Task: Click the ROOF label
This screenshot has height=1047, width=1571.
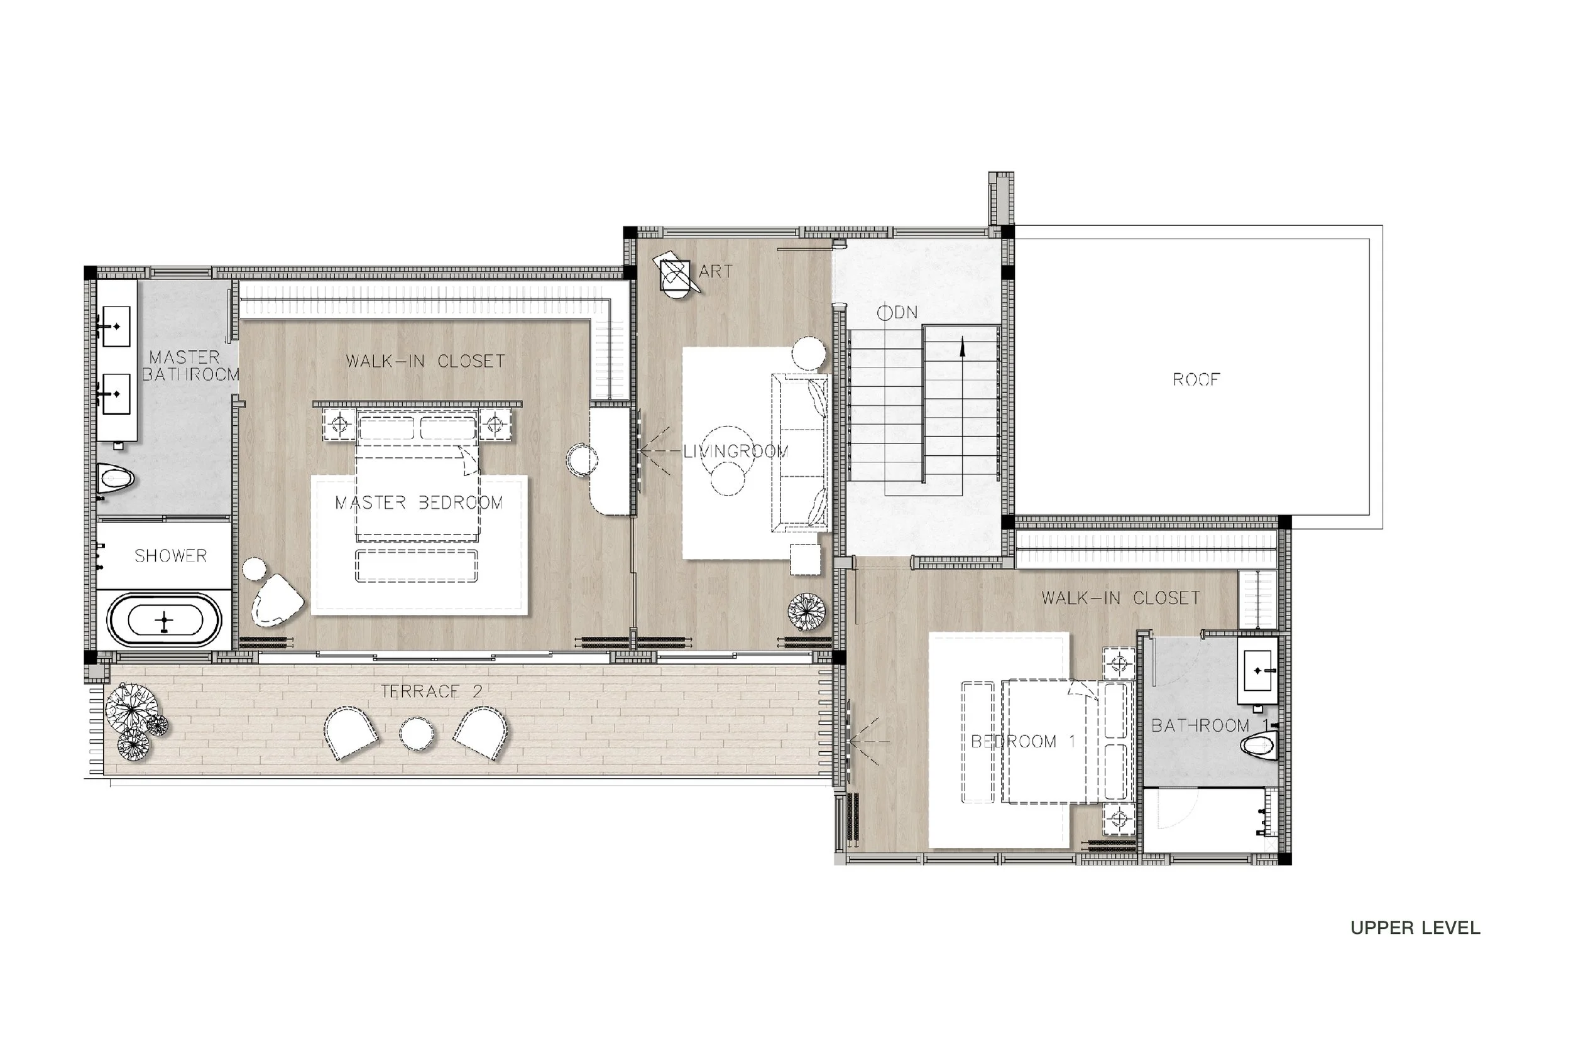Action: [x=1195, y=380]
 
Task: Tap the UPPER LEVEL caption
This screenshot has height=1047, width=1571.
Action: [x=1415, y=928]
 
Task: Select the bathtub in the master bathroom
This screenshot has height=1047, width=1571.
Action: [x=164, y=621]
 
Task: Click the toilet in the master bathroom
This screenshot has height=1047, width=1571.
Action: [x=115, y=478]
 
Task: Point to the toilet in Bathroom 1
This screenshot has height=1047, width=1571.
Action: [x=1260, y=744]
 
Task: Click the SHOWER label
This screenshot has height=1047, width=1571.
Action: [x=170, y=556]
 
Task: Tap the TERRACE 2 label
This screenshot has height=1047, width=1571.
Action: [x=431, y=691]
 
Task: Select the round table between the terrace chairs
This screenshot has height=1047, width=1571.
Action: [x=416, y=733]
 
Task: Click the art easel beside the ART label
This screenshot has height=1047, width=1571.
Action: [x=676, y=274]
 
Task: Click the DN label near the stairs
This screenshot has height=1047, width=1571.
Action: [x=898, y=313]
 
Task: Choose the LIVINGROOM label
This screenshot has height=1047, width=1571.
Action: [x=735, y=452]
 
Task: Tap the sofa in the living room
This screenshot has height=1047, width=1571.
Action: [x=799, y=453]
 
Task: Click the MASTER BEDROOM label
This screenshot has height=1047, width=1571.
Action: [x=419, y=503]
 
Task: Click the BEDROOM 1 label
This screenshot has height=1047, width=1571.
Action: [x=1022, y=741]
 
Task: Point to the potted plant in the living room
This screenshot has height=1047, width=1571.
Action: [x=806, y=611]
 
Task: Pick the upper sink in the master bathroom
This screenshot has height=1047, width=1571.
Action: [x=116, y=327]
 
